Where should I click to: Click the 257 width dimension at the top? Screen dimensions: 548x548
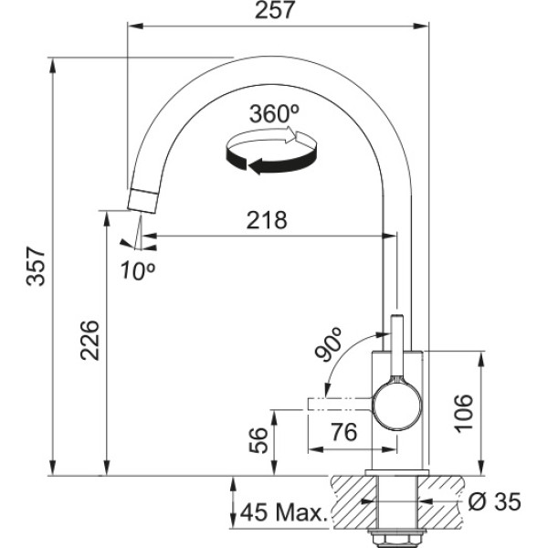(275, 10)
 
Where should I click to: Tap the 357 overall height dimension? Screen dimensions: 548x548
(36, 267)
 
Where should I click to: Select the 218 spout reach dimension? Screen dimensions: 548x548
(267, 220)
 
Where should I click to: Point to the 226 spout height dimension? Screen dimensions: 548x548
(90, 340)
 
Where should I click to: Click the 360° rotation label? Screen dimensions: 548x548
(275, 114)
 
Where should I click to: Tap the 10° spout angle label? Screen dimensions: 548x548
(138, 270)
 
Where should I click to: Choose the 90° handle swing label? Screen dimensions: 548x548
(328, 343)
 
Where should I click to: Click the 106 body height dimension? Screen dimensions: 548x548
(463, 414)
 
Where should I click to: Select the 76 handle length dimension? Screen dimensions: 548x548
(344, 432)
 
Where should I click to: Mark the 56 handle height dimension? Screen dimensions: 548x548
(258, 440)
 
